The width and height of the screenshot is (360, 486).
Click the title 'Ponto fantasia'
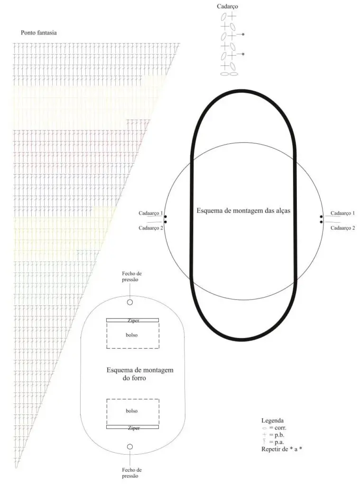tap(39, 33)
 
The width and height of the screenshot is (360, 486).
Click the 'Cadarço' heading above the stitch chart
tap(227, 7)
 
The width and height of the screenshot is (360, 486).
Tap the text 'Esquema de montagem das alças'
tap(243, 211)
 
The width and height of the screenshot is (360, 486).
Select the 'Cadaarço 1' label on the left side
tap(150, 213)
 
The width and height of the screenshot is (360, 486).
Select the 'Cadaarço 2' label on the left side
tap(151, 228)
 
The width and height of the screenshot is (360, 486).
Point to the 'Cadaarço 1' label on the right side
tap(342, 213)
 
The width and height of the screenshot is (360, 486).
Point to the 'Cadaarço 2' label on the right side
tap(342, 228)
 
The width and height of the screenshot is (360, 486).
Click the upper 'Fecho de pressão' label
tap(132, 277)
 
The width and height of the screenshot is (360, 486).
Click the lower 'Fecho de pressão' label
tap(132, 473)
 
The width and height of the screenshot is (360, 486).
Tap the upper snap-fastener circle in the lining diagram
tap(130, 302)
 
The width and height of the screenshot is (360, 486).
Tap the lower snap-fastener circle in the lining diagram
tap(130, 447)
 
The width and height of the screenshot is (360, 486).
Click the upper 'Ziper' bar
tap(133, 320)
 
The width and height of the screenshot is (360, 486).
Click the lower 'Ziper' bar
tap(133, 427)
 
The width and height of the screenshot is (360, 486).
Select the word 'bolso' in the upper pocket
tap(132, 335)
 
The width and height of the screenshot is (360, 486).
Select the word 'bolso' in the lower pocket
tap(132, 411)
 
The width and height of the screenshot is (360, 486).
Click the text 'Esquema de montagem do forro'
tap(140, 374)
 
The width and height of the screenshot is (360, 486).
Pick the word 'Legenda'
tap(272, 421)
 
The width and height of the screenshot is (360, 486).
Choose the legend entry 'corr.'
tap(274, 428)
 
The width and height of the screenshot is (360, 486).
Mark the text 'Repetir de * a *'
tap(282, 449)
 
